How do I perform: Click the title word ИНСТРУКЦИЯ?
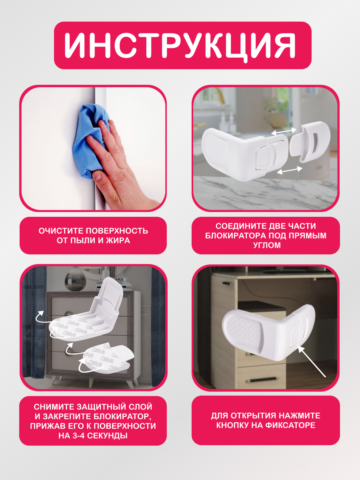click(x=180, y=46)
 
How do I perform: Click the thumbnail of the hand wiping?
click(x=93, y=148)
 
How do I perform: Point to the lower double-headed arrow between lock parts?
click(x=290, y=170)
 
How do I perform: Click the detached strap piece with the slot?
click(x=310, y=142)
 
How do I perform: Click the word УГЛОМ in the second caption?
click(x=267, y=245)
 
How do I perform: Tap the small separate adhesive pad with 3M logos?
click(x=108, y=357)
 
